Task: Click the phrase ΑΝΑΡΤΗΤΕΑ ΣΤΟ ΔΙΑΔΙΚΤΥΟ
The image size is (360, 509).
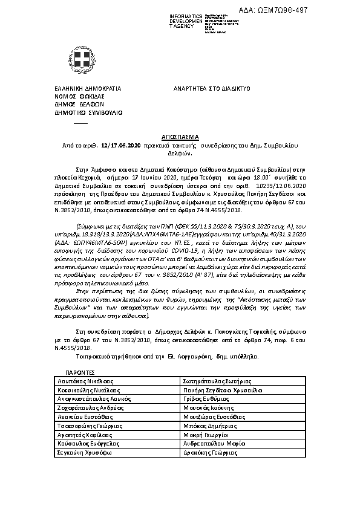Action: click(212, 88)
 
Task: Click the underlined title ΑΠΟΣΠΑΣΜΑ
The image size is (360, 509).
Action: click(180, 137)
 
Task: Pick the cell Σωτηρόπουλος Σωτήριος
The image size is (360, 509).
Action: click(212, 383)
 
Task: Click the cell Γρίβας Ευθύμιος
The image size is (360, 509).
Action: click(202, 400)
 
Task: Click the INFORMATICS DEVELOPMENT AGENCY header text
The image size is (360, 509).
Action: click(172, 21)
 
